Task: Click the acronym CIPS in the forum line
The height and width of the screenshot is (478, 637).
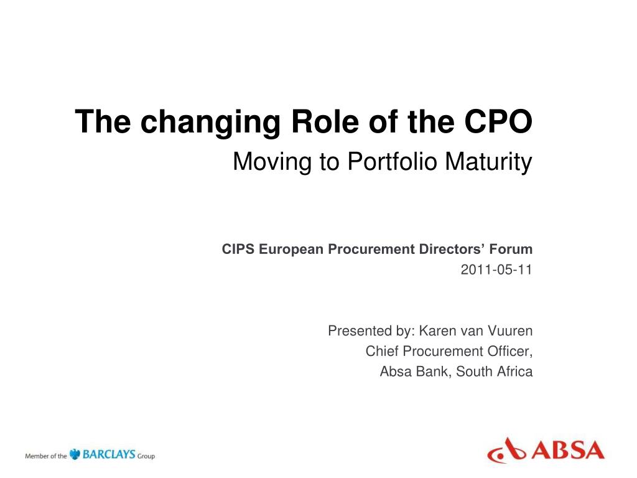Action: click(x=238, y=250)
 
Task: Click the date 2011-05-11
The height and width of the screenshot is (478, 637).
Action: click(x=496, y=270)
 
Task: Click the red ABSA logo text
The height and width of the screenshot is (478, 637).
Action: click(x=567, y=449)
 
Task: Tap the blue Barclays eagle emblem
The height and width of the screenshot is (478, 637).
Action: click(x=75, y=454)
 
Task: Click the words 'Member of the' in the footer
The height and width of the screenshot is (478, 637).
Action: click(x=45, y=456)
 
